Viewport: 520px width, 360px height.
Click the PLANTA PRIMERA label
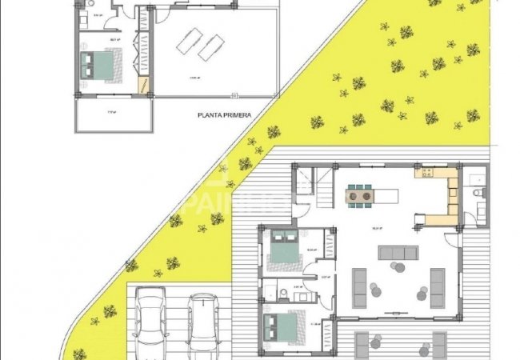(225, 115)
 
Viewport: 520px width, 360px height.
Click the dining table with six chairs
(358, 194)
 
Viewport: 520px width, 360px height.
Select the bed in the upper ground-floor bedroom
(283, 249)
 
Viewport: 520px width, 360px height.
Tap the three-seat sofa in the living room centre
(398, 254)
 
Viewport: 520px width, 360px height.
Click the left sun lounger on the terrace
(190, 41)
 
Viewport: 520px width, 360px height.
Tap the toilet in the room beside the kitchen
(477, 194)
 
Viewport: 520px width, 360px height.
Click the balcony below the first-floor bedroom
(114, 117)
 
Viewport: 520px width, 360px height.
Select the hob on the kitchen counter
(426, 172)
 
